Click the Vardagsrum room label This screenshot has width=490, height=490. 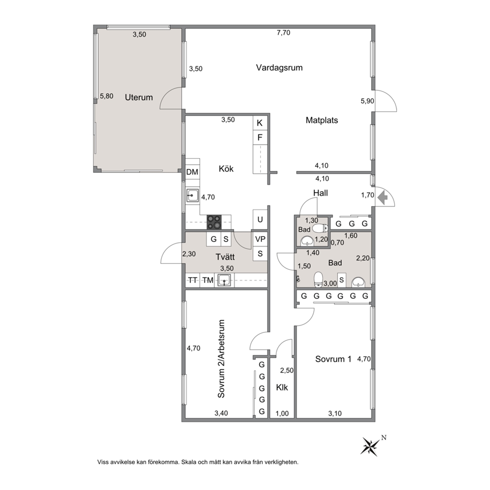[x=279, y=68]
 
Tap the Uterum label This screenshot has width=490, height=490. [x=139, y=97]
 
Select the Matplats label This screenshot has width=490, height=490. [x=322, y=121]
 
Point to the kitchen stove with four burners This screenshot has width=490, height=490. [x=214, y=222]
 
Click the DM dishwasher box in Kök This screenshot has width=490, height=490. [x=192, y=172]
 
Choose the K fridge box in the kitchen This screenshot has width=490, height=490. [x=260, y=123]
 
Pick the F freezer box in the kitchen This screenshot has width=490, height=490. [x=260, y=137]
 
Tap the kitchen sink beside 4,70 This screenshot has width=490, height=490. [x=192, y=196]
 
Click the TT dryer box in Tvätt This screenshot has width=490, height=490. [x=193, y=280]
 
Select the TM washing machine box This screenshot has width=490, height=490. [x=207, y=280]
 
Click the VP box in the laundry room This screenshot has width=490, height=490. [x=260, y=240]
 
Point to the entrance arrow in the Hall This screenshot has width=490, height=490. [x=382, y=198]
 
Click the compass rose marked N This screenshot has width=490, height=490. [x=370, y=446]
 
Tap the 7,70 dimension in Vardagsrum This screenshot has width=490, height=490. [x=284, y=33]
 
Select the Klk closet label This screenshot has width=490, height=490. [x=282, y=387]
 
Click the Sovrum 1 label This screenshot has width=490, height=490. [x=333, y=359]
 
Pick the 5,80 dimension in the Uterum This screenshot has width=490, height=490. [x=107, y=96]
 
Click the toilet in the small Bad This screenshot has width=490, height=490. [x=320, y=228]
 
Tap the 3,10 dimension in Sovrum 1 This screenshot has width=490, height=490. [x=335, y=413]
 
